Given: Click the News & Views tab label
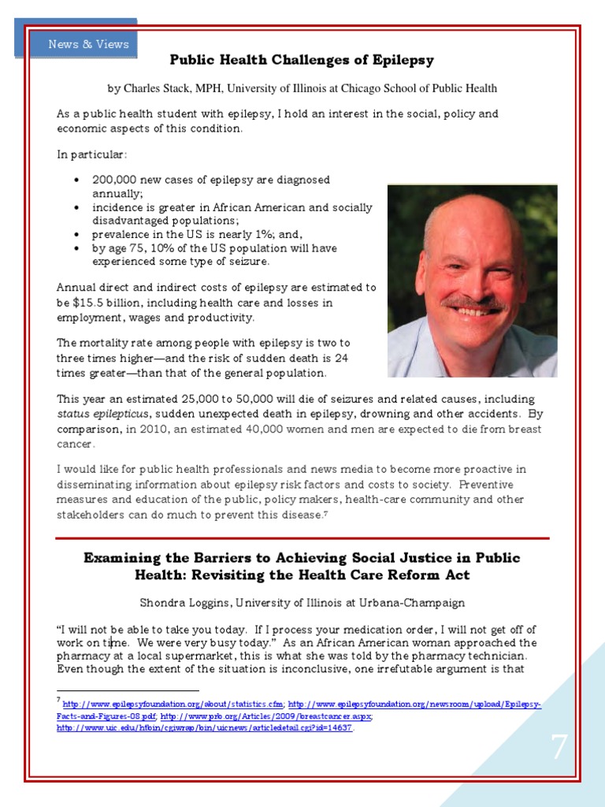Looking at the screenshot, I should click(x=88, y=44).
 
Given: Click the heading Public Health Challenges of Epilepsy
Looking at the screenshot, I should click(x=302, y=60).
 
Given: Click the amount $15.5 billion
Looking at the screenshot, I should click(x=99, y=302).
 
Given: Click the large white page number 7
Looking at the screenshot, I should click(x=559, y=747).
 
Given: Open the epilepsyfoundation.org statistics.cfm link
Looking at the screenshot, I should click(x=173, y=704).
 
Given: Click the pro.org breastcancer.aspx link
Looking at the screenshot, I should click(x=266, y=716).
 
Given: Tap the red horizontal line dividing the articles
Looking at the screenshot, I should click(x=302, y=538).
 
